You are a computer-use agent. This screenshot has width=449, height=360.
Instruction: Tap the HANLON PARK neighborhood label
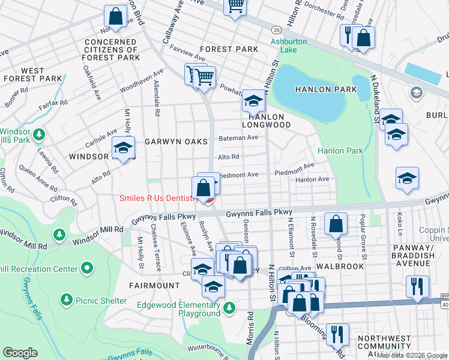[326, 89]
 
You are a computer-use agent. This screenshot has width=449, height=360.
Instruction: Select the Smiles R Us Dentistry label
[158, 199]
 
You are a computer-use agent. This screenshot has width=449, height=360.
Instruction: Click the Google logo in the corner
[20, 353]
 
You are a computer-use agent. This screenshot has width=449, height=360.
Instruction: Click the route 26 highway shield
[276, 29]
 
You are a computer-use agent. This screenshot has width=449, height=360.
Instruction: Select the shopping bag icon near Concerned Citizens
[115, 17]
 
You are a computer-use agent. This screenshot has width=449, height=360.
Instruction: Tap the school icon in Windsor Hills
[123, 148]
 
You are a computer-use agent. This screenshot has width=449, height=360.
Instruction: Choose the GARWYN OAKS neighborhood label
[176, 142]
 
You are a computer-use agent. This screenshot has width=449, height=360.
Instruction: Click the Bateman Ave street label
[238, 137]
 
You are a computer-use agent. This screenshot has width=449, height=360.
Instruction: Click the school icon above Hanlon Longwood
[253, 101]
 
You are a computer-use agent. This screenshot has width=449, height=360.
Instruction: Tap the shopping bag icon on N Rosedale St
[336, 224]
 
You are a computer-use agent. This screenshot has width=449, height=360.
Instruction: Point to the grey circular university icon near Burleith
[415, 92]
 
